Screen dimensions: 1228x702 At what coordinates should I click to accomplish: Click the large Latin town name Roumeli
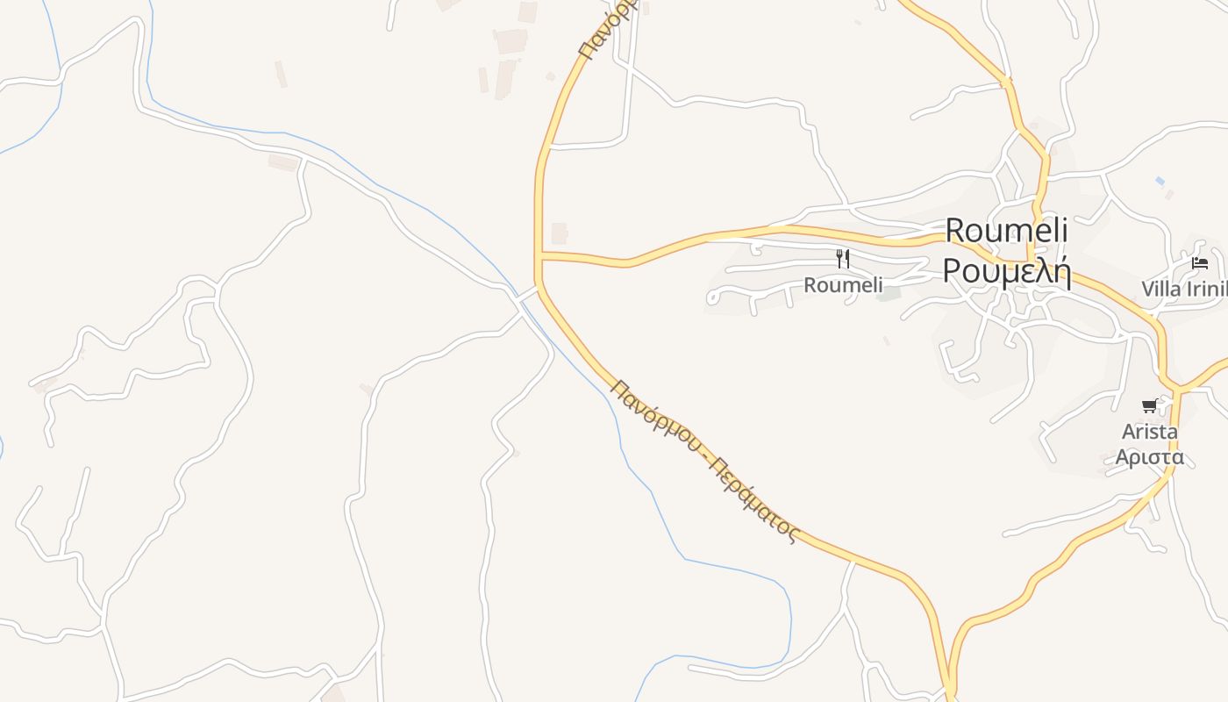[x=1007, y=231]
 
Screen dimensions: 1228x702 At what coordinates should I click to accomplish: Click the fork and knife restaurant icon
[x=843, y=259]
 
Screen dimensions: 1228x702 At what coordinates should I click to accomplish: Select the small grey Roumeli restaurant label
[x=843, y=285]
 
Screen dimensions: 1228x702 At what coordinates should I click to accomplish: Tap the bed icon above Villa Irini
[x=1200, y=263]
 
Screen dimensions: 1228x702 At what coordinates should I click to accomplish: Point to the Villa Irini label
[x=1183, y=289]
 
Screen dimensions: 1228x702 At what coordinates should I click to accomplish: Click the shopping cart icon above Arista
[x=1149, y=405]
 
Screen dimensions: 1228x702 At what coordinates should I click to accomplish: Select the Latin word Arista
[x=1149, y=432]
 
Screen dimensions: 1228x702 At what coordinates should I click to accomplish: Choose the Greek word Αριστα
[x=1149, y=457]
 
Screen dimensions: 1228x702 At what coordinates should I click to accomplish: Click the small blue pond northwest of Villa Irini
[x=1160, y=181]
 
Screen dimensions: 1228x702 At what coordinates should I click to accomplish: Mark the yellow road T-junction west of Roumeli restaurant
[x=539, y=256]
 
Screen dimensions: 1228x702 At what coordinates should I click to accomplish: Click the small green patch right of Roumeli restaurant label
[x=889, y=294]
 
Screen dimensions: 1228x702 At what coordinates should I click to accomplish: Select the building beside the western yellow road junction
[x=559, y=233]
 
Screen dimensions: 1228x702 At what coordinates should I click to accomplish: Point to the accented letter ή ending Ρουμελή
[x=1060, y=272]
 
